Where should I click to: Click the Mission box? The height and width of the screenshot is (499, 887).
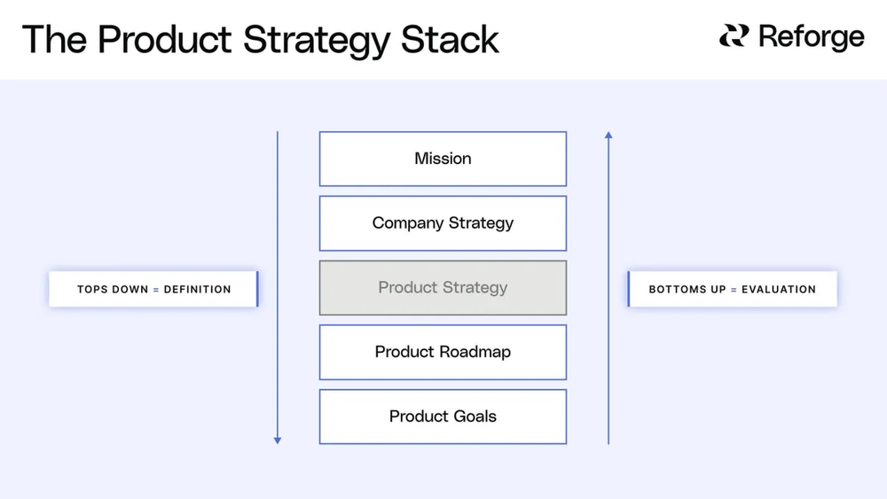(x=443, y=159)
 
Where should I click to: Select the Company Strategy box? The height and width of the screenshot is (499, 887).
(x=443, y=223)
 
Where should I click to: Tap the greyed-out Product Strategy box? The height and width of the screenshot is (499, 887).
(x=443, y=288)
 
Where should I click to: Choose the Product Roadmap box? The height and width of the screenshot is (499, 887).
(x=443, y=352)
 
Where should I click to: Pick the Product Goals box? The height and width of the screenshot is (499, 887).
(x=443, y=417)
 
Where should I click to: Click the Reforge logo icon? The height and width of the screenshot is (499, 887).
(x=734, y=36)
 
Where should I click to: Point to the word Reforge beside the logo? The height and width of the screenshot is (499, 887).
(x=811, y=37)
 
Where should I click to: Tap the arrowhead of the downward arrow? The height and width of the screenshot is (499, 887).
(x=278, y=439)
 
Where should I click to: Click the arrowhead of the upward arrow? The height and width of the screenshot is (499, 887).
(x=608, y=136)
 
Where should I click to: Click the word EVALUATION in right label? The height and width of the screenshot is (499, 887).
(x=778, y=290)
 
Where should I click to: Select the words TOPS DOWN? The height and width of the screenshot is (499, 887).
(x=113, y=290)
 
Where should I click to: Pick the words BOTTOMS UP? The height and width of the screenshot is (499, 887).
(x=687, y=290)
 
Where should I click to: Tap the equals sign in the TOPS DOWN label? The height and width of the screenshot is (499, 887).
(x=156, y=290)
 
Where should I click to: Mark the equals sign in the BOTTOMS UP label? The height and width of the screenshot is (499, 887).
(x=734, y=290)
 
